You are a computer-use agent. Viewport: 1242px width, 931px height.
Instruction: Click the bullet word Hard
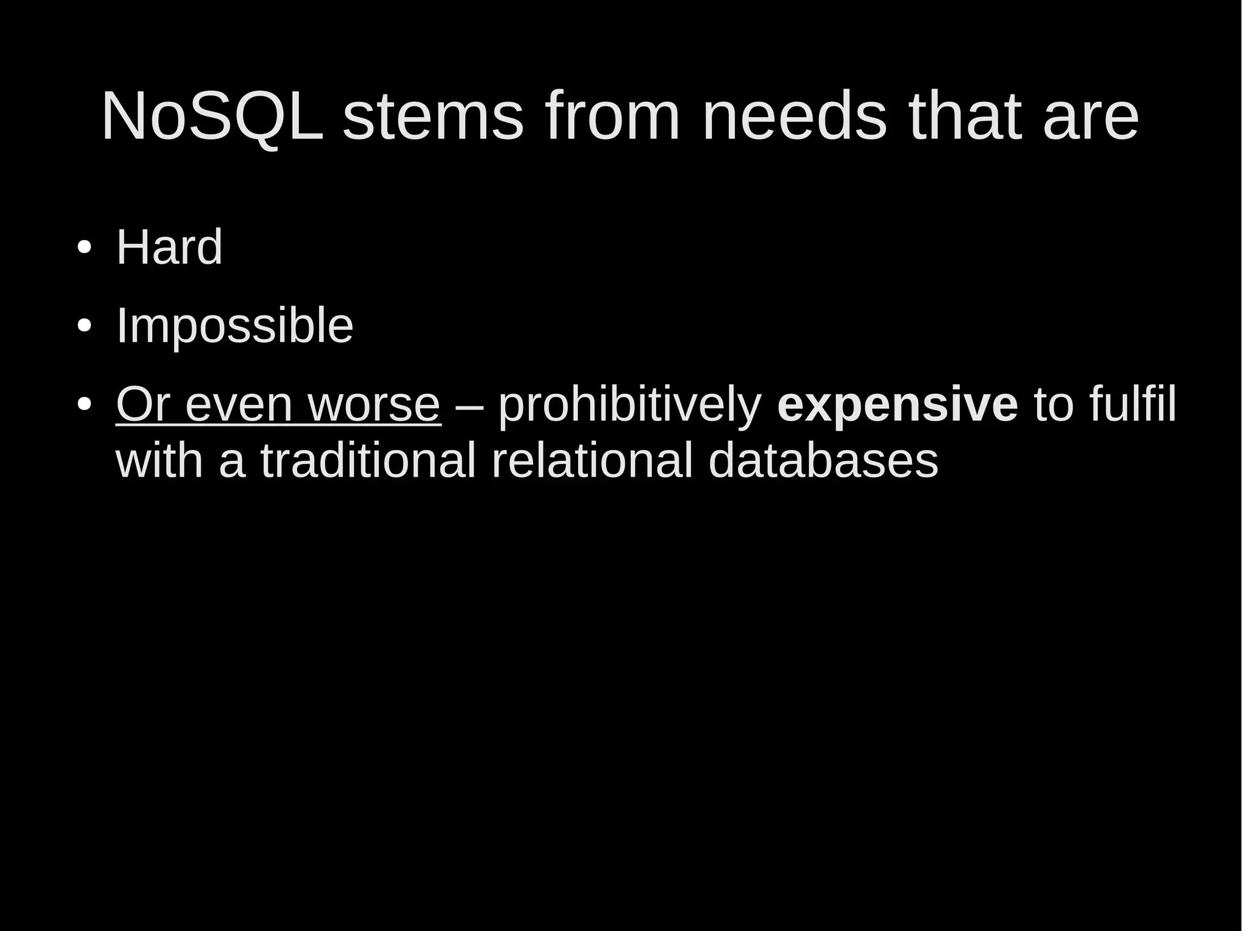[x=169, y=247]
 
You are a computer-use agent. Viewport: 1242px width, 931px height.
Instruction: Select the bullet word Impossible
[x=234, y=326]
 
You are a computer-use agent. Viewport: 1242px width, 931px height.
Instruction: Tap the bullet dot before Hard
[x=84, y=248]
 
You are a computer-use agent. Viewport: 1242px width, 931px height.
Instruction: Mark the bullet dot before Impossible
[x=84, y=327]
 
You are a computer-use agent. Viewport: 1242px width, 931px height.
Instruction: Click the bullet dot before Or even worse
[x=84, y=404]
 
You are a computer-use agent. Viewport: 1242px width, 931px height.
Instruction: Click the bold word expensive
[x=897, y=405]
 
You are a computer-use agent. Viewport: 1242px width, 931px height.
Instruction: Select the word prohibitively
[x=629, y=405]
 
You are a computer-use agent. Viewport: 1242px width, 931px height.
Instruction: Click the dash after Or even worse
[x=469, y=405]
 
